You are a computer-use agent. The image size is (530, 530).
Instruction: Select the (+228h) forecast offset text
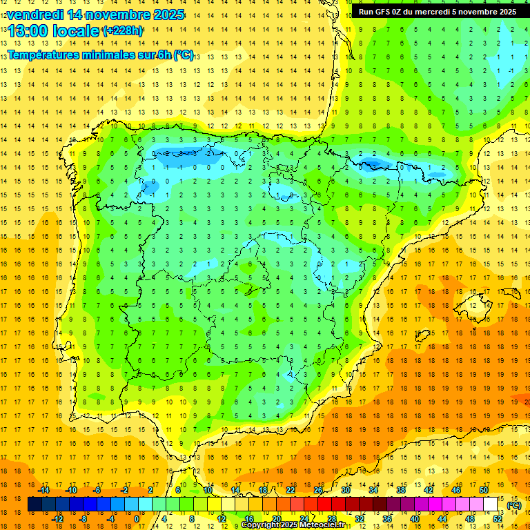pyautogui.click(x=123, y=31)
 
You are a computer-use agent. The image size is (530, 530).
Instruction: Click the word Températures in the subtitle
pyautogui.click(x=49, y=55)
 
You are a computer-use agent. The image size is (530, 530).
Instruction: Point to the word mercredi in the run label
pyautogui.click(x=442, y=12)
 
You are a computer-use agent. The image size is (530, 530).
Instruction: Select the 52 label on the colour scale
pyautogui.click(x=498, y=519)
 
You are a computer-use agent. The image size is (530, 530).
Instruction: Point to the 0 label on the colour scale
pyautogui.click(x=136, y=519)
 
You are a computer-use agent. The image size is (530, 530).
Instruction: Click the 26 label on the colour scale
pyautogui.click(x=317, y=489)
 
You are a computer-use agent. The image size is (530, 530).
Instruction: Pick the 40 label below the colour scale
pyautogui.click(x=415, y=519)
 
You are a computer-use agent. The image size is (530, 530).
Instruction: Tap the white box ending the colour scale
pyautogui.click(x=491, y=504)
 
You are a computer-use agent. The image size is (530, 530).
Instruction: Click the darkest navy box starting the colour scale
pyautogui.click(x=35, y=504)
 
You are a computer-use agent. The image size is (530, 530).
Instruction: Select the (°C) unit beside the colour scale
pyautogui.click(x=513, y=504)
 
